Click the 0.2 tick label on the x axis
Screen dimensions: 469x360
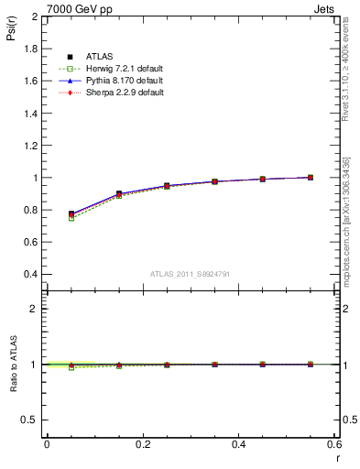click(x=142, y=444)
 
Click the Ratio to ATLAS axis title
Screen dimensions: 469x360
click(x=13, y=364)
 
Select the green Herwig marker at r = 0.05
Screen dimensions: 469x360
click(x=71, y=218)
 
